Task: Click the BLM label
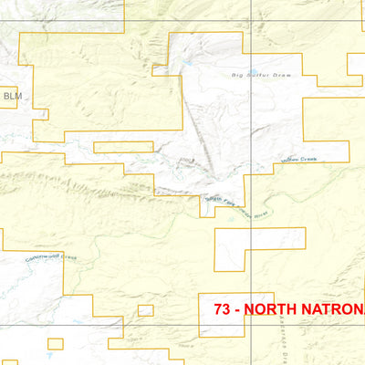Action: click(x=11, y=95)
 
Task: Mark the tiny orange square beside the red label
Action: click(x=146, y=310)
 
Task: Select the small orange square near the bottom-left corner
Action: click(x=56, y=344)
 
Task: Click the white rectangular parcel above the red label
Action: click(x=260, y=248)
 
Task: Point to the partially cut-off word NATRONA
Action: click(x=338, y=308)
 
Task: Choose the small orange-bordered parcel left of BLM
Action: click(x=3, y=95)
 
